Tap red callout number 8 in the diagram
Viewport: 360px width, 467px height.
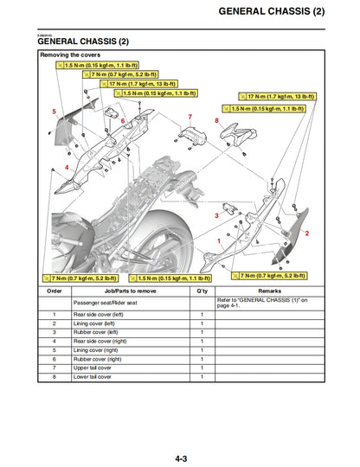[216, 120]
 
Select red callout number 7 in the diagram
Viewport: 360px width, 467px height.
[190, 117]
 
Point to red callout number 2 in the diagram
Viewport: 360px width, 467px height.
[307, 233]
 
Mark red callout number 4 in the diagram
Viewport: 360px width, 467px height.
[67, 167]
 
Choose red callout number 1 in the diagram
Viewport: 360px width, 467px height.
[218, 243]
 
